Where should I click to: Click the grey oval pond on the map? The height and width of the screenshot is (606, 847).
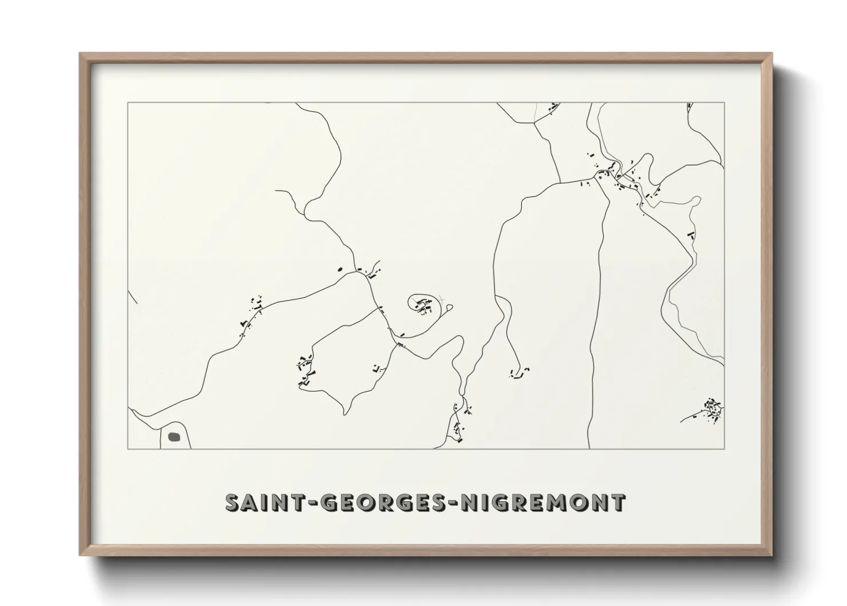tap(175, 436)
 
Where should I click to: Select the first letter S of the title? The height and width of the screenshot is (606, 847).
tap(233, 503)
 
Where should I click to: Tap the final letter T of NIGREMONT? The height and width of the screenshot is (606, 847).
tap(618, 503)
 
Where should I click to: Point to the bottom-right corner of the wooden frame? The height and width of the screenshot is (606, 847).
tap(771, 555)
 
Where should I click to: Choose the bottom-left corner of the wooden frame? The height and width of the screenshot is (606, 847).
tap(81, 555)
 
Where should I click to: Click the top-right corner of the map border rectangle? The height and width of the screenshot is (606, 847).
tap(725, 103)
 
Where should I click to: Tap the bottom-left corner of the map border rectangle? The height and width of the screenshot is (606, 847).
tap(128, 449)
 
